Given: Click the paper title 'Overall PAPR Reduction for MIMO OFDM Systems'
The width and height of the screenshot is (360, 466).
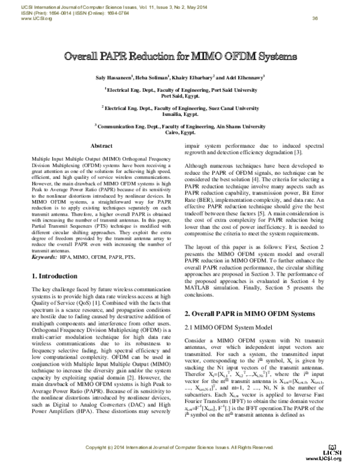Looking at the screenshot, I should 180,58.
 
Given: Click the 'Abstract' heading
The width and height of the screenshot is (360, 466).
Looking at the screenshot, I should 101,146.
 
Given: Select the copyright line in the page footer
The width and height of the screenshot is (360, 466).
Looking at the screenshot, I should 180,448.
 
